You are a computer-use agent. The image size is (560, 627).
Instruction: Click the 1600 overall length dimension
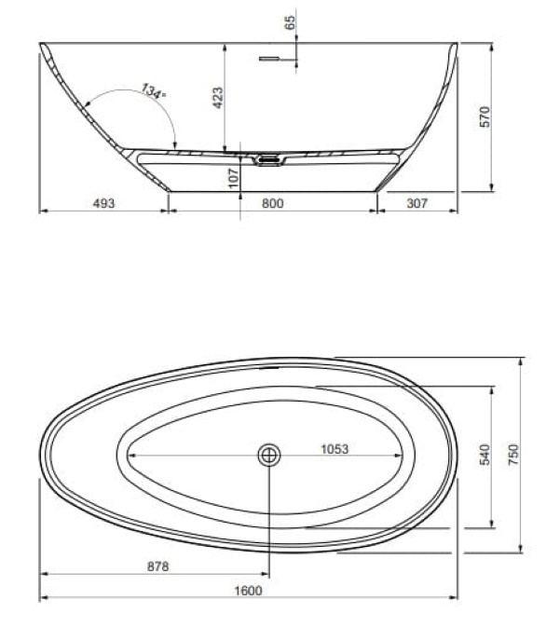click(248, 591)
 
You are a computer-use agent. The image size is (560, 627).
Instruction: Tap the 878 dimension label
click(158, 566)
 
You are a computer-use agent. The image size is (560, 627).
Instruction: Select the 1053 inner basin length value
click(335, 449)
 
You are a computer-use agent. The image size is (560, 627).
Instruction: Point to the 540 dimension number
click(485, 455)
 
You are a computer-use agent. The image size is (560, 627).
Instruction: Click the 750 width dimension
click(513, 455)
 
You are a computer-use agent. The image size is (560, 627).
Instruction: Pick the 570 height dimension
click(485, 116)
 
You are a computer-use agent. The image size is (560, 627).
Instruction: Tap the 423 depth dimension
click(218, 98)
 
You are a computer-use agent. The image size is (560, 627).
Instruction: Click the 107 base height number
click(233, 178)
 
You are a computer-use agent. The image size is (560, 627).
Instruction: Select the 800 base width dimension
click(273, 203)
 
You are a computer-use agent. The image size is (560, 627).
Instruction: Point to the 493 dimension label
click(103, 203)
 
